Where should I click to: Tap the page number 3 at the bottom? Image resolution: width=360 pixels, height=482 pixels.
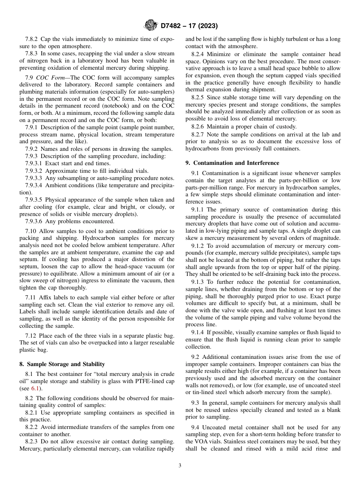point(180,466)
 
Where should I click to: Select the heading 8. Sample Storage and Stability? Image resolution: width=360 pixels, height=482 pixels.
point(62,364)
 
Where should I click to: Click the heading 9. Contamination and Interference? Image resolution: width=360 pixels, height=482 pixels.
point(232,163)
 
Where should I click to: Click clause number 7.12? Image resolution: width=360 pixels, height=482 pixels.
point(31,335)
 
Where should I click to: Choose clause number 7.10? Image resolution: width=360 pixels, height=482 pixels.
point(31,231)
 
